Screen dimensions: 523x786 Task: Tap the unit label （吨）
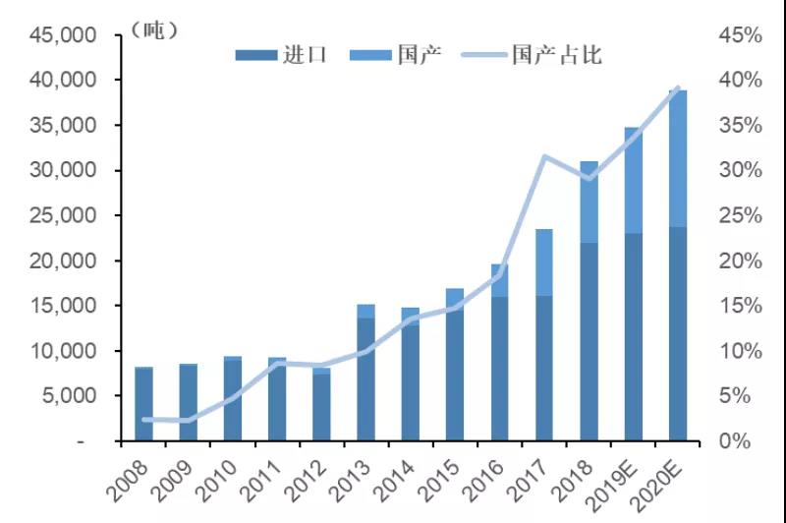(x=153, y=30)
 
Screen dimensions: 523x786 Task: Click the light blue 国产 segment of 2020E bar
(x=678, y=157)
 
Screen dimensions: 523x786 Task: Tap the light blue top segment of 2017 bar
(x=544, y=261)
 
